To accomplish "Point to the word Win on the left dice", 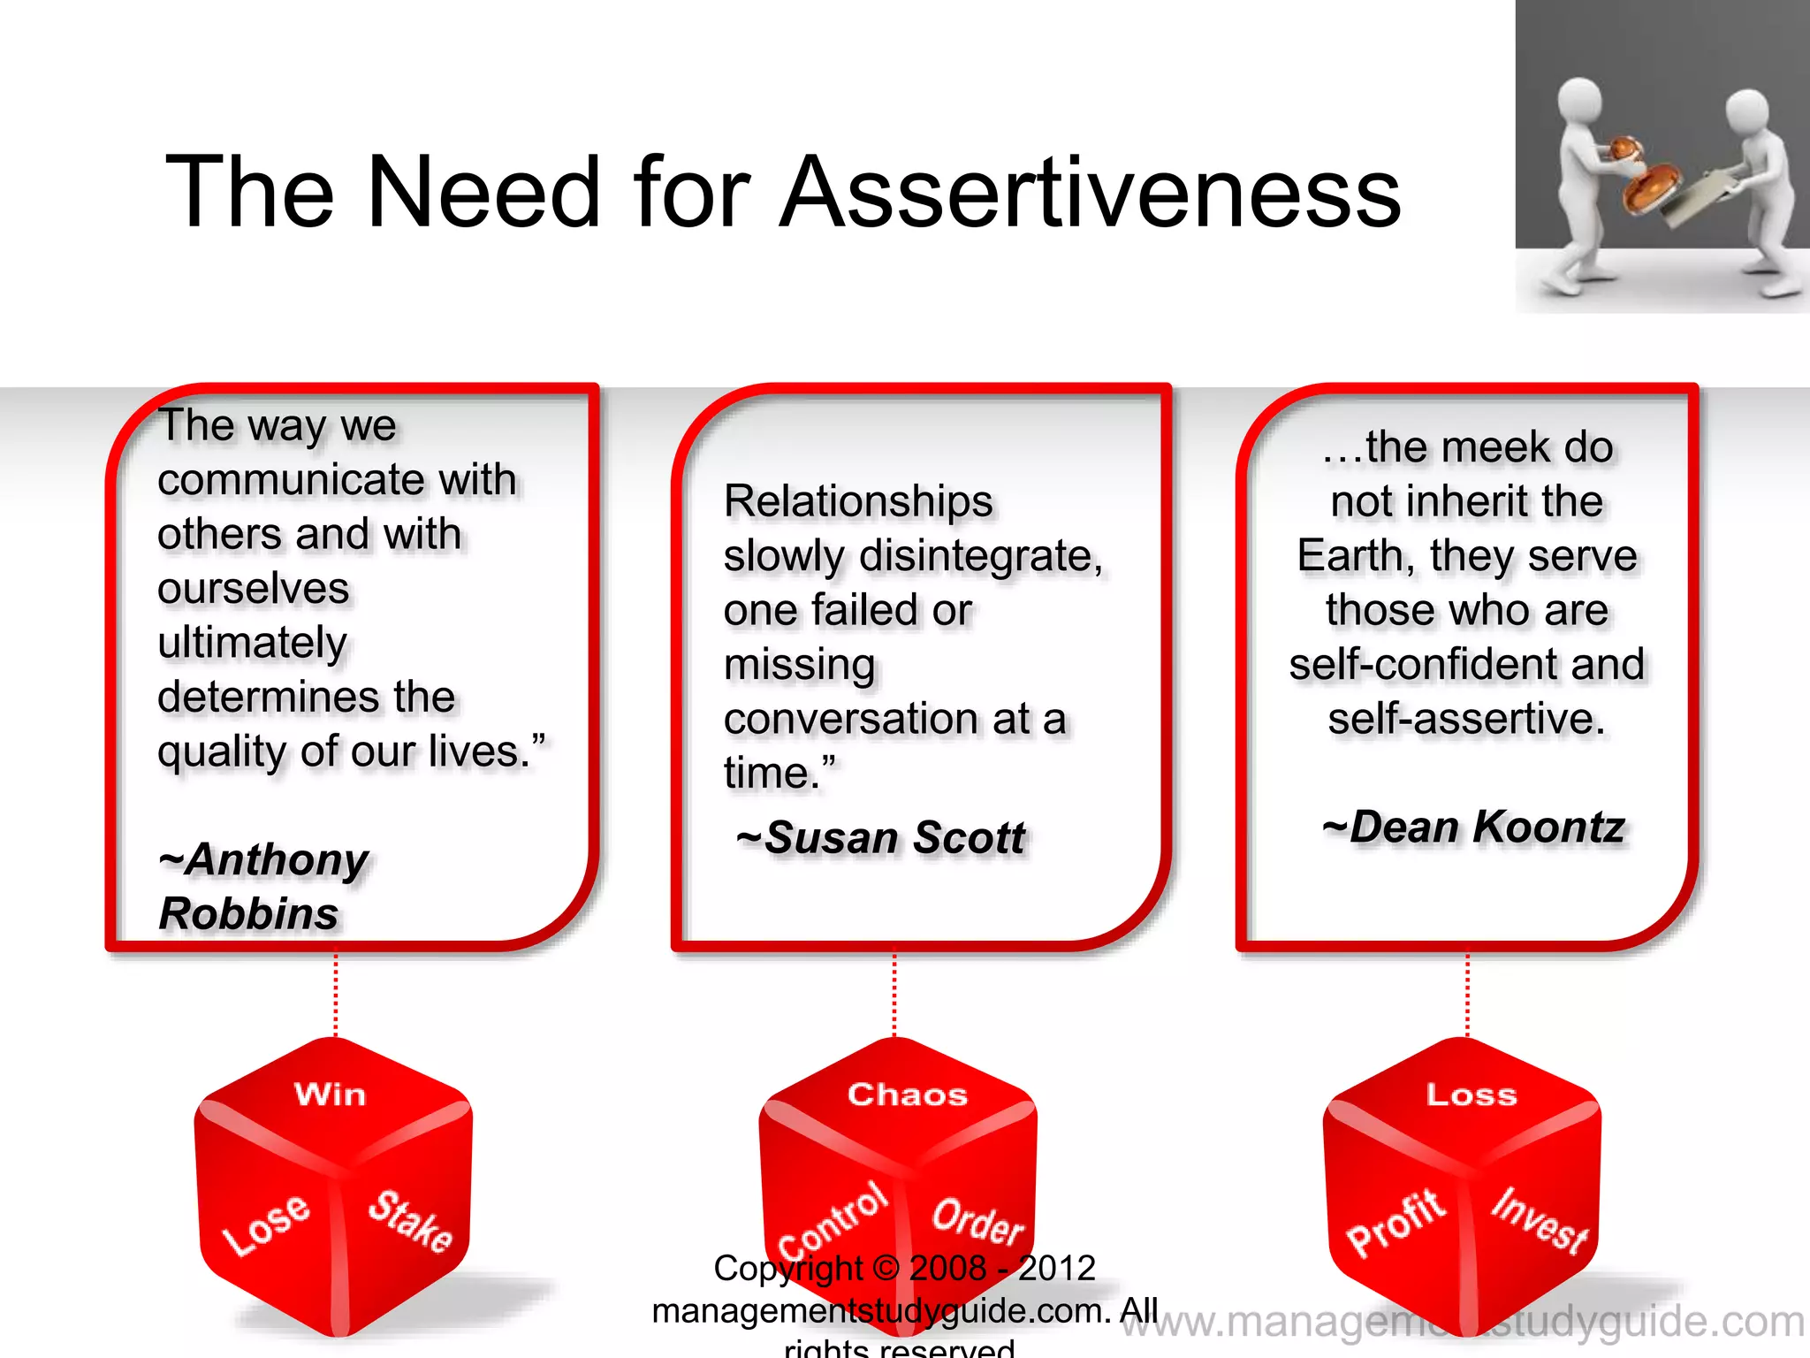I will click(x=330, y=1095).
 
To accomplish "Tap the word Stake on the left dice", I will click(x=410, y=1221).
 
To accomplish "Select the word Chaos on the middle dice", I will click(x=908, y=1095).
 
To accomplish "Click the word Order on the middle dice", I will click(x=977, y=1222).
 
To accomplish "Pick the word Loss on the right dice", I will click(x=1472, y=1095).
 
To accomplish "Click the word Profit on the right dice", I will click(x=1396, y=1223).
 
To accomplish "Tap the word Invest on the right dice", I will click(x=1539, y=1220).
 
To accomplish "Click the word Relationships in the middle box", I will click(x=858, y=501).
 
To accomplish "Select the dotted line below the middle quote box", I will click(x=894, y=994).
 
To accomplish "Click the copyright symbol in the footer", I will click(x=885, y=1269).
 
